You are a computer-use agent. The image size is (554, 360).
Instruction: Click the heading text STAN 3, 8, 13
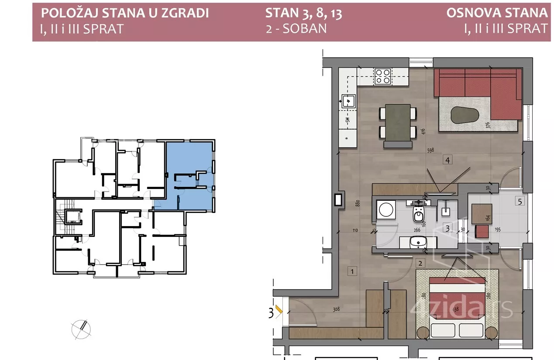pyautogui.click(x=303, y=13)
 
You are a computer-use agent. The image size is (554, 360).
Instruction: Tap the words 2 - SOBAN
pyautogui.click(x=296, y=28)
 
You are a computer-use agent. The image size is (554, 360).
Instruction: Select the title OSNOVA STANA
pyautogui.click(x=496, y=13)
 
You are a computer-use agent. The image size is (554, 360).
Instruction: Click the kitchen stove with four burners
pyautogui.click(x=383, y=76)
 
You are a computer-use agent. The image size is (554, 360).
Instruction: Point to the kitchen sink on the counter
pyautogui.click(x=349, y=101)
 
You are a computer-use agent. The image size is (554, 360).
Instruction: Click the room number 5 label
pyautogui.click(x=519, y=202)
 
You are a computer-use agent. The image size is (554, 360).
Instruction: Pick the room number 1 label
pyautogui.click(x=351, y=271)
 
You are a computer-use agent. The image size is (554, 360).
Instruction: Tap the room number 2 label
pyautogui.click(x=420, y=263)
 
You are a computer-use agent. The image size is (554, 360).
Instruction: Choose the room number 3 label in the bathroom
pyautogui.click(x=447, y=227)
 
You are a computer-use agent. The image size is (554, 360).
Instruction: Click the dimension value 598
pyautogui.click(x=431, y=151)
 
